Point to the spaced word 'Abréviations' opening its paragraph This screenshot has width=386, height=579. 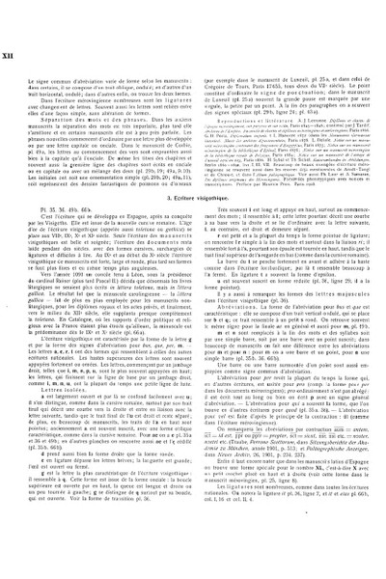[237, 364]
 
